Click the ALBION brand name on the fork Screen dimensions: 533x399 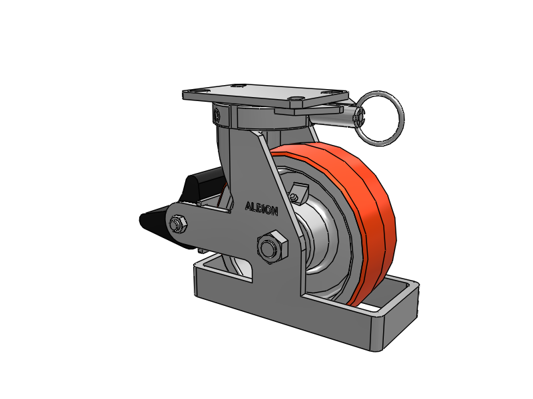pos(261,209)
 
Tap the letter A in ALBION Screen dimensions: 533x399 pos(248,206)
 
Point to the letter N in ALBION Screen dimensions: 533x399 pos(274,211)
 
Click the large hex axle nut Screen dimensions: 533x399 pos(272,247)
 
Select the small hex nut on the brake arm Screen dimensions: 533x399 pos(178,224)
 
